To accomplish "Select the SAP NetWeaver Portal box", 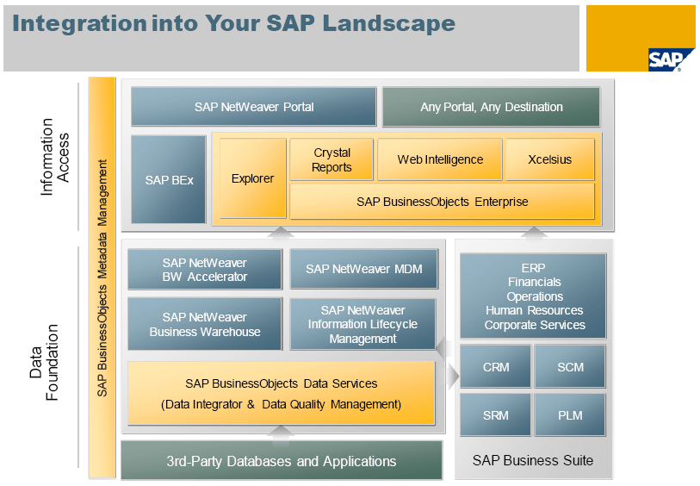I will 253,107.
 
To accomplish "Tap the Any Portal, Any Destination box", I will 491,107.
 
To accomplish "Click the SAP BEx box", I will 169,179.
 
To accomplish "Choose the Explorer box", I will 252,178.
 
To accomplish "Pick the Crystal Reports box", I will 331,159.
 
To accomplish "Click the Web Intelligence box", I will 439,159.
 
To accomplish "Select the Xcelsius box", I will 550,159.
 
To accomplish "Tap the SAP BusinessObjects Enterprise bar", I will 442,202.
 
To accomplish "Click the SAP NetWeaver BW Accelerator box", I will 205,270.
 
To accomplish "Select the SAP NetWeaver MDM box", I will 363,270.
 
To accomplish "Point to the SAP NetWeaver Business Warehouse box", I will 205,324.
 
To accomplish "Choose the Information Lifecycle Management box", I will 362,324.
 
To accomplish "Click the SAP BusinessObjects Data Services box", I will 281,393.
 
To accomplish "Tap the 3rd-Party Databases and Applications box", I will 281,461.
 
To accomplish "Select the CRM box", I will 495,367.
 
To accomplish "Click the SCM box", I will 570,367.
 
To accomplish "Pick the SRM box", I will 495,415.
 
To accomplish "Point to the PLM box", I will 570,415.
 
